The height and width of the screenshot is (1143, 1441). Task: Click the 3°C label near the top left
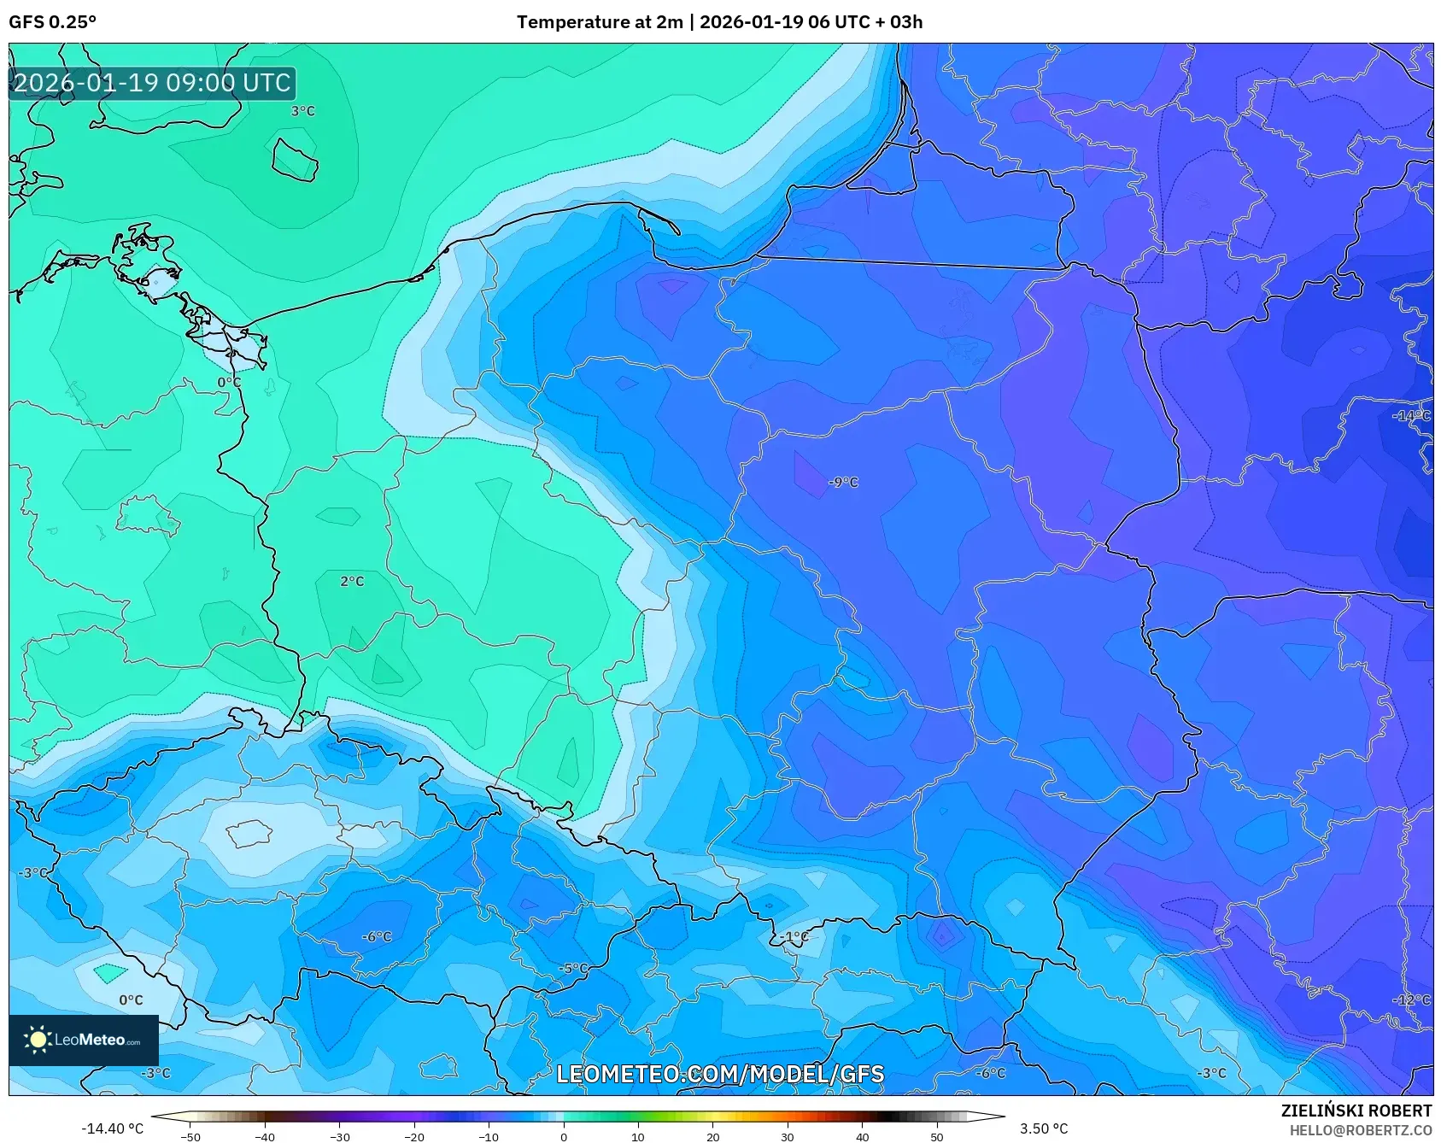tap(302, 111)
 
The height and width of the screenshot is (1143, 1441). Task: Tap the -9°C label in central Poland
tap(843, 483)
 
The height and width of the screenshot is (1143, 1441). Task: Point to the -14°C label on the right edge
tap(1411, 416)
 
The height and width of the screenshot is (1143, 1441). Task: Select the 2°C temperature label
tap(352, 582)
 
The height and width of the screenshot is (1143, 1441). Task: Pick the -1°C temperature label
tap(794, 937)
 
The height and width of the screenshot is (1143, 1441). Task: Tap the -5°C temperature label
tap(573, 969)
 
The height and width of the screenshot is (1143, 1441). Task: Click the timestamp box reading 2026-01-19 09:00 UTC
tap(152, 83)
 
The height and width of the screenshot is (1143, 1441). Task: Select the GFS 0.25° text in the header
tap(52, 22)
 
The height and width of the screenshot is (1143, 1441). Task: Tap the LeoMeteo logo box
tap(84, 1040)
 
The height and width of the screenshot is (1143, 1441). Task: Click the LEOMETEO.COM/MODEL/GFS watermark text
tap(719, 1074)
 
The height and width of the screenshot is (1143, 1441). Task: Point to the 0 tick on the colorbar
tap(563, 1136)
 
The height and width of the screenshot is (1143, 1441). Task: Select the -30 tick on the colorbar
tap(339, 1136)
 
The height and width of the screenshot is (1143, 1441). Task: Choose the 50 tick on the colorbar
tap(936, 1136)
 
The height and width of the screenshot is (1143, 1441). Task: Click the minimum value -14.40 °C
tap(112, 1128)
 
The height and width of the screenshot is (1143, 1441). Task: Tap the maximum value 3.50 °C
tap(1044, 1128)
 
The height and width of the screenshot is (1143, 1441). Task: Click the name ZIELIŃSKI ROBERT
tap(1356, 1111)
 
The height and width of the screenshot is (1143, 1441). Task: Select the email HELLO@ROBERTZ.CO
tap(1360, 1130)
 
